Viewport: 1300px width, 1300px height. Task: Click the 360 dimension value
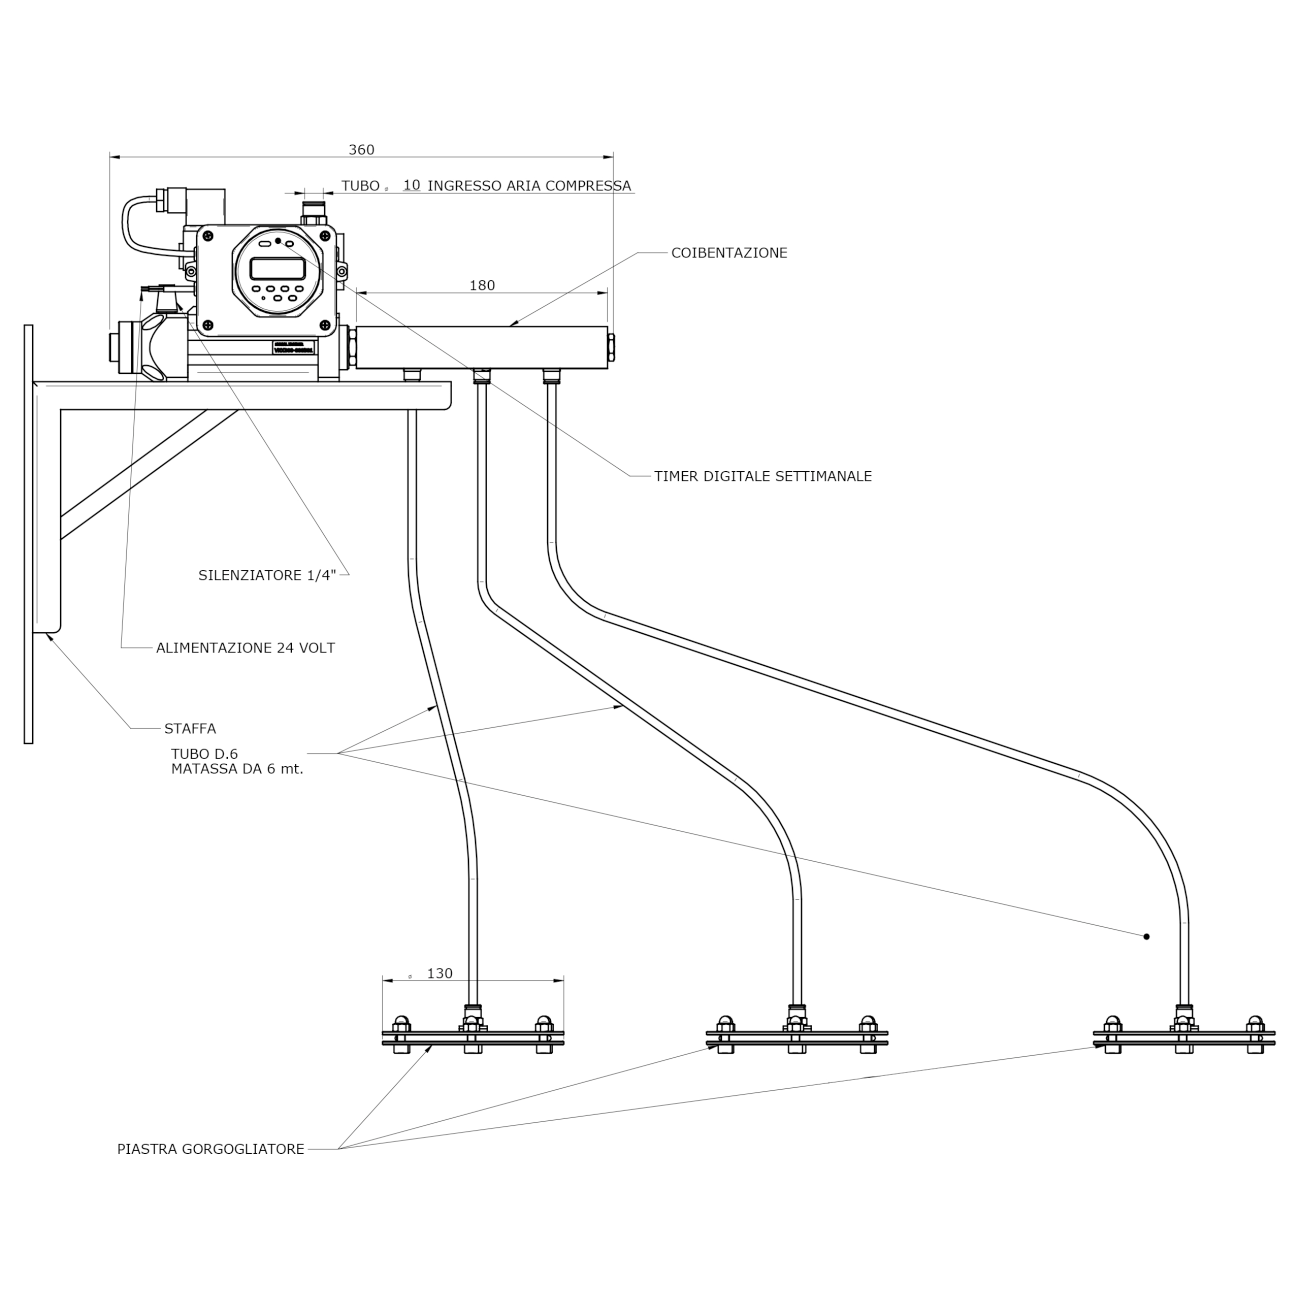tap(361, 150)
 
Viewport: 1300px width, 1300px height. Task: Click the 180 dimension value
tap(482, 285)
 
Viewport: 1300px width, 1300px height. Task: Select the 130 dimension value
tap(439, 973)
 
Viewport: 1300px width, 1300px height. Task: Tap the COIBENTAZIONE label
tap(729, 253)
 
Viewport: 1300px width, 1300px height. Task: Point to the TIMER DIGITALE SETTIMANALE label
tap(763, 476)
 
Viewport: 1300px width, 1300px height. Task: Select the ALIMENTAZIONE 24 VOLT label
tap(245, 648)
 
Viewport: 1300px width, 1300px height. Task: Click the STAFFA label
tap(190, 728)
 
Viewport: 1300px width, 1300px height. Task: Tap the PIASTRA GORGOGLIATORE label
tap(210, 1149)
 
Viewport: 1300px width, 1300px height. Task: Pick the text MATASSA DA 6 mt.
tap(237, 769)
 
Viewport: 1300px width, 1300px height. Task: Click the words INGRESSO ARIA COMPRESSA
tap(529, 186)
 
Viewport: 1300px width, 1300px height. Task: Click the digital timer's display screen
tap(277, 268)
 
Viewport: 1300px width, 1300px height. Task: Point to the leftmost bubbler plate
tap(473, 1037)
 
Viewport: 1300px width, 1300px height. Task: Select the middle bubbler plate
tap(796, 1037)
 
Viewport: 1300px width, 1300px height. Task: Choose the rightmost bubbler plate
tap(1183, 1037)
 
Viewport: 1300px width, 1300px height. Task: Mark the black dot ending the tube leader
tap(1146, 936)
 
